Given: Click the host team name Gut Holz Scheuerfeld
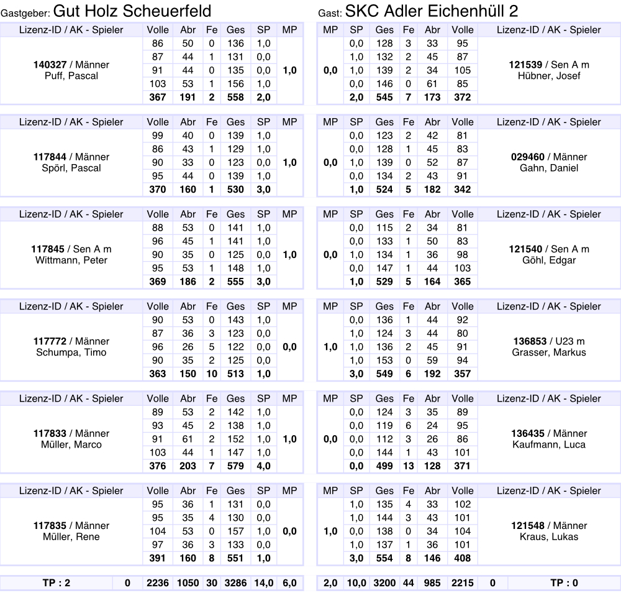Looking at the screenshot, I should click(x=132, y=11).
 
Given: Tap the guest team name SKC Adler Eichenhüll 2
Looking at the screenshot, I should click(x=432, y=11).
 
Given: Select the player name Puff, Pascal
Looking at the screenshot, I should click(x=71, y=76).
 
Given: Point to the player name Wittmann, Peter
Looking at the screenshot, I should click(x=71, y=260).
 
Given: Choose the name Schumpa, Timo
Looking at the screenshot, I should click(x=71, y=352).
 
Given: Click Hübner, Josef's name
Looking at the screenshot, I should click(x=548, y=76).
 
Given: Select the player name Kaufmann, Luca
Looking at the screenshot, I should click(x=548, y=444).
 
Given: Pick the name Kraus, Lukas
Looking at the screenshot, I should click(x=548, y=536).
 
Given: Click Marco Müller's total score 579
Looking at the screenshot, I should click(x=235, y=466).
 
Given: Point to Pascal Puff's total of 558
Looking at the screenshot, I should click(x=235, y=97).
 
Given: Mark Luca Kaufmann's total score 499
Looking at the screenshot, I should click(x=384, y=466).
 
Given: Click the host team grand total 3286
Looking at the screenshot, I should click(x=235, y=583).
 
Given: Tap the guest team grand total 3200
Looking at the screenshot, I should click(x=384, y=583).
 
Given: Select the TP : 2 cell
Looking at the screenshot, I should click(x=56, y=583).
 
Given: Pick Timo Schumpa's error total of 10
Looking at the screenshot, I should click(x=211, y=374).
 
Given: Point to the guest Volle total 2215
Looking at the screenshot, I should click(x=463, y=583).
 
